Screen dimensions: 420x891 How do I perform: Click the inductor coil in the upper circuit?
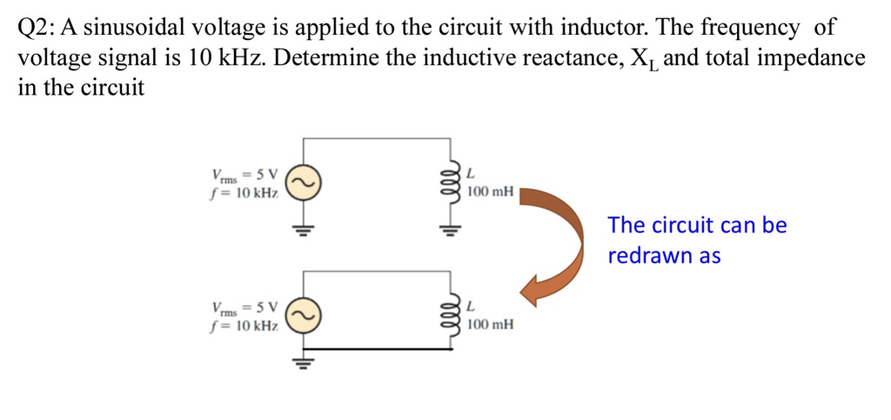[x=450, y=183]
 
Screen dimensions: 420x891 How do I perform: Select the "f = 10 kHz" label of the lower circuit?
[x=244, y=326]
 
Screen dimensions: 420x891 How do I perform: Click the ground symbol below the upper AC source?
[x=304, y=230]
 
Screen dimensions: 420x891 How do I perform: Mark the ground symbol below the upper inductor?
[x=450, y=230]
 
